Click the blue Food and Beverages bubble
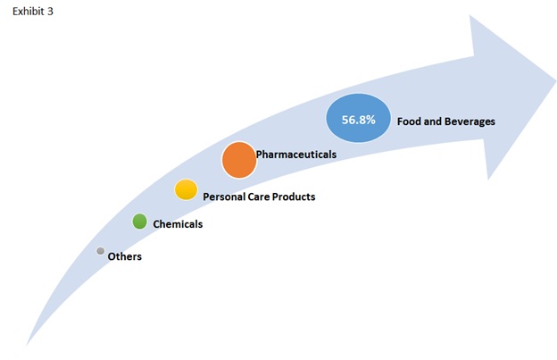(359, 118)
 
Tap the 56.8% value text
(359, 120)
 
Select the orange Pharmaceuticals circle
(239, 160)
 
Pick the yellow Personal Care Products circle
(186, 189)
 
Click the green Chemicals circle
(139, 222)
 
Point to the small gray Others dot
(101, 251)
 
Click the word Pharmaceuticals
(296, 155)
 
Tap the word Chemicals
(178, 224)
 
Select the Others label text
(125, 256)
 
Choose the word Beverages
(470, 121)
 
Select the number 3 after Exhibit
(50, 12)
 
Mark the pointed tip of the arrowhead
(555, 82)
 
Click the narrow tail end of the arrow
(27, 345)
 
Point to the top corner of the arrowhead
(470, 16)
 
